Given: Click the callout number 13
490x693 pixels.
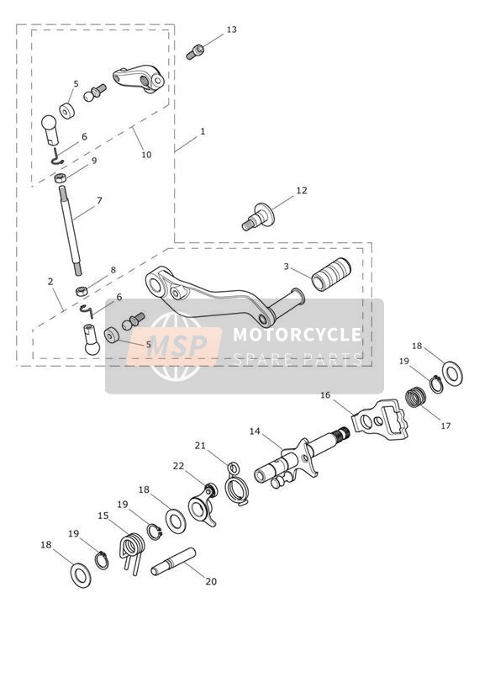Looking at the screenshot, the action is click(231, 29).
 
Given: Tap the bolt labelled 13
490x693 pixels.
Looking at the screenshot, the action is click(194, 51).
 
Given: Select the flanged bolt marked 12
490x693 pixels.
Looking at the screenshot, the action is click(259, 217).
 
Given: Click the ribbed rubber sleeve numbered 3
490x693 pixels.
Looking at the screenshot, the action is click(331, 274).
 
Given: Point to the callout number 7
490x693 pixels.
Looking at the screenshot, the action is click(99, 201).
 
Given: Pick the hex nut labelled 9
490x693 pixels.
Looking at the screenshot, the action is click(61, 178).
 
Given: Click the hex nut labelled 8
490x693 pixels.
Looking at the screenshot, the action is click(82, 291).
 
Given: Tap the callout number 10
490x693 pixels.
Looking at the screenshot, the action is click(146, 155).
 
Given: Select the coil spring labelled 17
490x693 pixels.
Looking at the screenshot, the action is click(415, 397).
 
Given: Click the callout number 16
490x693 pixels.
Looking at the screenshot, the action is click(325, 395).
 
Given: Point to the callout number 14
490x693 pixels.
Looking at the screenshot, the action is click(255, 431).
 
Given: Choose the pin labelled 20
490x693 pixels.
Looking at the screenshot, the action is click(173, 561).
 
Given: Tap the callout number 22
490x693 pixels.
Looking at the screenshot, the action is click(178, 466).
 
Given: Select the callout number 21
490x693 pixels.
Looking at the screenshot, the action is click(200, 446).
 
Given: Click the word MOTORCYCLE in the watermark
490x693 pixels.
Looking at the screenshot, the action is click(297, 335).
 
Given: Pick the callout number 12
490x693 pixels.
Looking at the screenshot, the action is click(302, 190).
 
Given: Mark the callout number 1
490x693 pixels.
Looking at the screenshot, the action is click(203, 131).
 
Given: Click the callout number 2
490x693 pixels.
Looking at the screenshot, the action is click(50, 281).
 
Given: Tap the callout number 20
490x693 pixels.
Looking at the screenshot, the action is click(211, 582).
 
